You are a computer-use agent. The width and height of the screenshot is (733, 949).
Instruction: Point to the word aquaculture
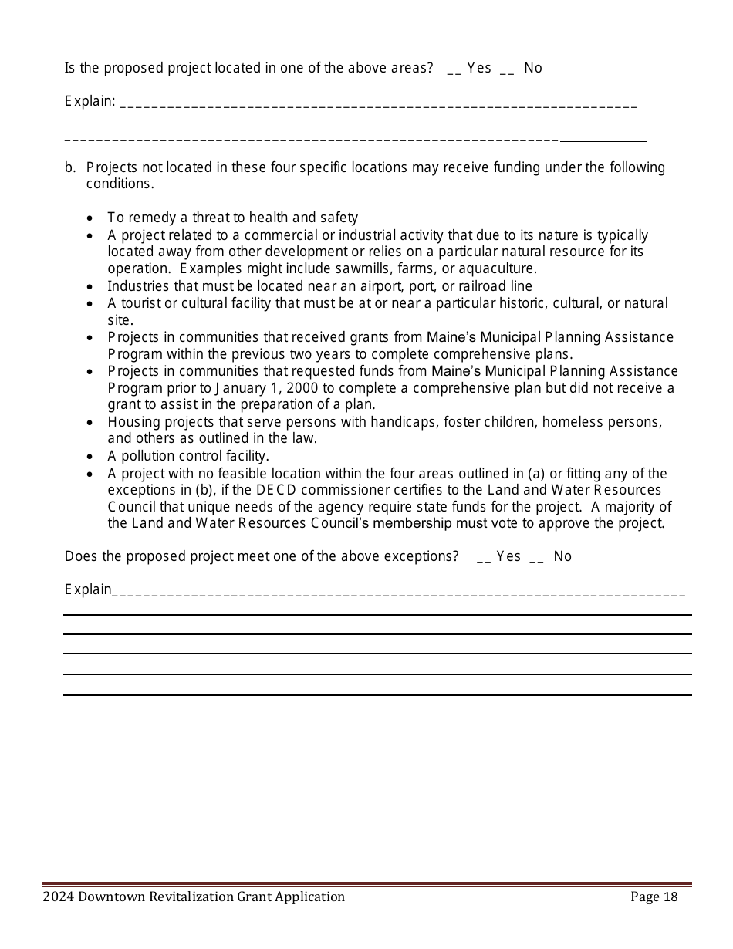pyautogui.click(x=498, y=268)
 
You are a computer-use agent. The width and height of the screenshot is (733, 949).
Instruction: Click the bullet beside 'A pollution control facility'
pyautogui.click(x=91, y=457)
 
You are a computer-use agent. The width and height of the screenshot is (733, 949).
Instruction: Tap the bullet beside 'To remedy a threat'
pyautogui.click(x=91, y=219)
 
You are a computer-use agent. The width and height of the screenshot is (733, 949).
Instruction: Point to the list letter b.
pyautogui.click(x=69, y=167)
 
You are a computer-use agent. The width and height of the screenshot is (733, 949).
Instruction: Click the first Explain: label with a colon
pyautogui.click(x=90, y=101)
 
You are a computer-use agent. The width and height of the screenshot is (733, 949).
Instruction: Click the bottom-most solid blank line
pyautogui.click(x=377, y=694)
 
